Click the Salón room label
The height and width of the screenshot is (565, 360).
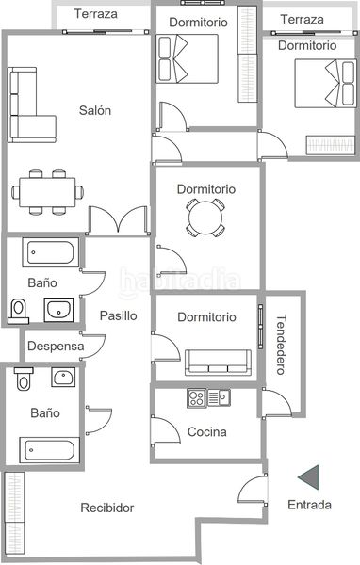95,110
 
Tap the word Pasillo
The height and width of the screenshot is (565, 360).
119,315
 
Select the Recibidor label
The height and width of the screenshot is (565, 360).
107,508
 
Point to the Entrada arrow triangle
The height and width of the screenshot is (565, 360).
309,477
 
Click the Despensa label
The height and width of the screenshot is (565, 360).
56,347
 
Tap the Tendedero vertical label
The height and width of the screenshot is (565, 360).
281,345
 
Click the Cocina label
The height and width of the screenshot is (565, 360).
207,431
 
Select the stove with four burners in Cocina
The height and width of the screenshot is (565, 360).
197,398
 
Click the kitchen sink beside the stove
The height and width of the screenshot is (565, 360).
219,398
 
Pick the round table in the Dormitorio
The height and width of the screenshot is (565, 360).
205,218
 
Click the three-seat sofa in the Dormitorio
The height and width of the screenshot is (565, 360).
219,363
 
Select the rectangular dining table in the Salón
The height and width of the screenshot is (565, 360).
48,192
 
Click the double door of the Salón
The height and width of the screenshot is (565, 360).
119,220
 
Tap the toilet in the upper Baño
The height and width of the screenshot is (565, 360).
19,312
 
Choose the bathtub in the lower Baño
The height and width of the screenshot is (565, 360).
49,450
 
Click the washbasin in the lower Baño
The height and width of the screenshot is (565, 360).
63,377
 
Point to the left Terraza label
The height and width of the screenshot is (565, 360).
96,14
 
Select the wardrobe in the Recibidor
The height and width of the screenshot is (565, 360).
15,513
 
